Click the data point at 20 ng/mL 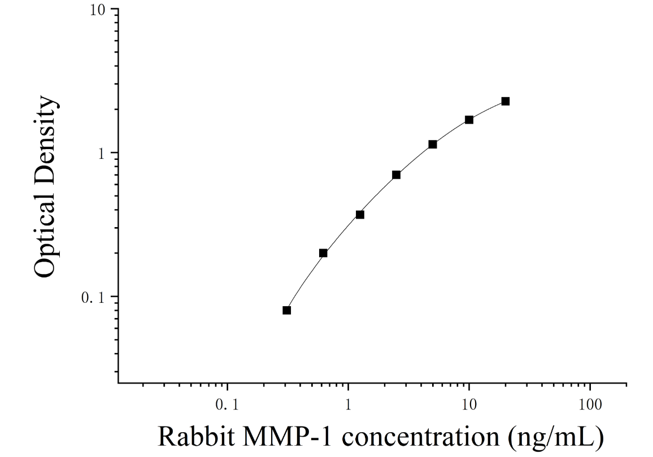pyautogui.click(x=506, y=101)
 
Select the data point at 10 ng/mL pyautogui.click(x=469, y=120)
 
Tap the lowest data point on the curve pyautogui.click(x=287, y=310)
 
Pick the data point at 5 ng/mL pyautogui.click(x=433, y=145)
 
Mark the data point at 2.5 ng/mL pyautogui.click(x=397, y=175)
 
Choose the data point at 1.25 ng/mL pyautogui.click(x=360, y=215)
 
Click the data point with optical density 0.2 pyautogui.click(x=323, y=253)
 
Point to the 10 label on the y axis pyautogui.click(x=98, y=10)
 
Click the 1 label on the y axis pyautogui.click(x=101, y=154)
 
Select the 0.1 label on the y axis pyautogui.click(x=94, y=298)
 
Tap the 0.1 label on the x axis pyautogui.click(x=228, y=405)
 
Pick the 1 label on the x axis pyautogui.click(x=349, y=405)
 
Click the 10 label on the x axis pyautogui.click(x=469, y=405)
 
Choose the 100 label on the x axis pyautogui.click(x=590, y=405)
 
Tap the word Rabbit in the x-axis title pyautogui.click(x=196, y=436)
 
